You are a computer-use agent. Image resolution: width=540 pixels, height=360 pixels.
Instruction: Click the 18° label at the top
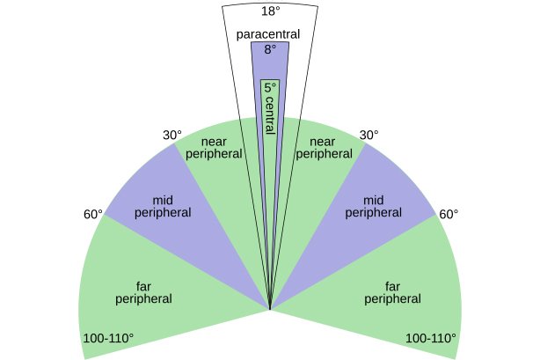[270, 11]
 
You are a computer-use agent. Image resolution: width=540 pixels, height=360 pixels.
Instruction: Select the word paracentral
[269, 34]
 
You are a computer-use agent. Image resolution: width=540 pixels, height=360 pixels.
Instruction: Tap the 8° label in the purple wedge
[270, 49]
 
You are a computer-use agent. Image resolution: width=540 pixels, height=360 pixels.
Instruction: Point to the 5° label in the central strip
[270, 88]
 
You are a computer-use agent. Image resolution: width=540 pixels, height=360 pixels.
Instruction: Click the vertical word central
[270, 118]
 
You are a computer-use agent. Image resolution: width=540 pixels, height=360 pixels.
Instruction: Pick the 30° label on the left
[172, 136]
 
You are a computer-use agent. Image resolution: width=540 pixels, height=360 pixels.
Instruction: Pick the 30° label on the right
[369, 136]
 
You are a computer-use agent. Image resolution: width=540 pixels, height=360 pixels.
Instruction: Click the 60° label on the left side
[93, 215]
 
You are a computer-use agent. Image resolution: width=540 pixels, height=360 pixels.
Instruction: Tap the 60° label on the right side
[449, 215]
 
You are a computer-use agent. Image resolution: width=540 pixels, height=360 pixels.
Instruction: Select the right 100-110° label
[430, 338]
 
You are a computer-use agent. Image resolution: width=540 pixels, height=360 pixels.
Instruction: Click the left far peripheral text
[143, 292]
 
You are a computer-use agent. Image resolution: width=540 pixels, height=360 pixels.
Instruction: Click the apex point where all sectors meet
[270, 309]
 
